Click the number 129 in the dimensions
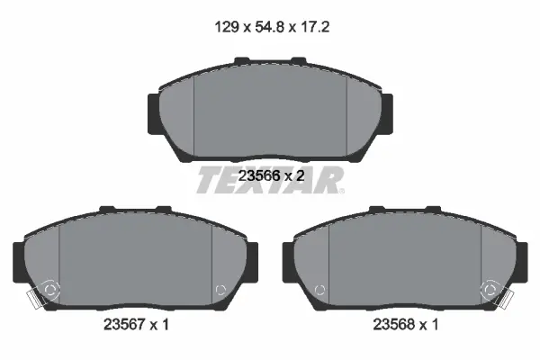click(227, 26)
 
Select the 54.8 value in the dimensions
click(270, 26)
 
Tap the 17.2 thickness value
click(315, 26)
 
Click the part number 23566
click(258, 176)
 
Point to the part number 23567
click(124, 324)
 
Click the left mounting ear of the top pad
click(154, 113)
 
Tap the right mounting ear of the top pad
click(387, 113)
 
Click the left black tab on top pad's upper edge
click(242, 60)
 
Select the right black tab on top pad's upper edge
click(299, 60)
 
